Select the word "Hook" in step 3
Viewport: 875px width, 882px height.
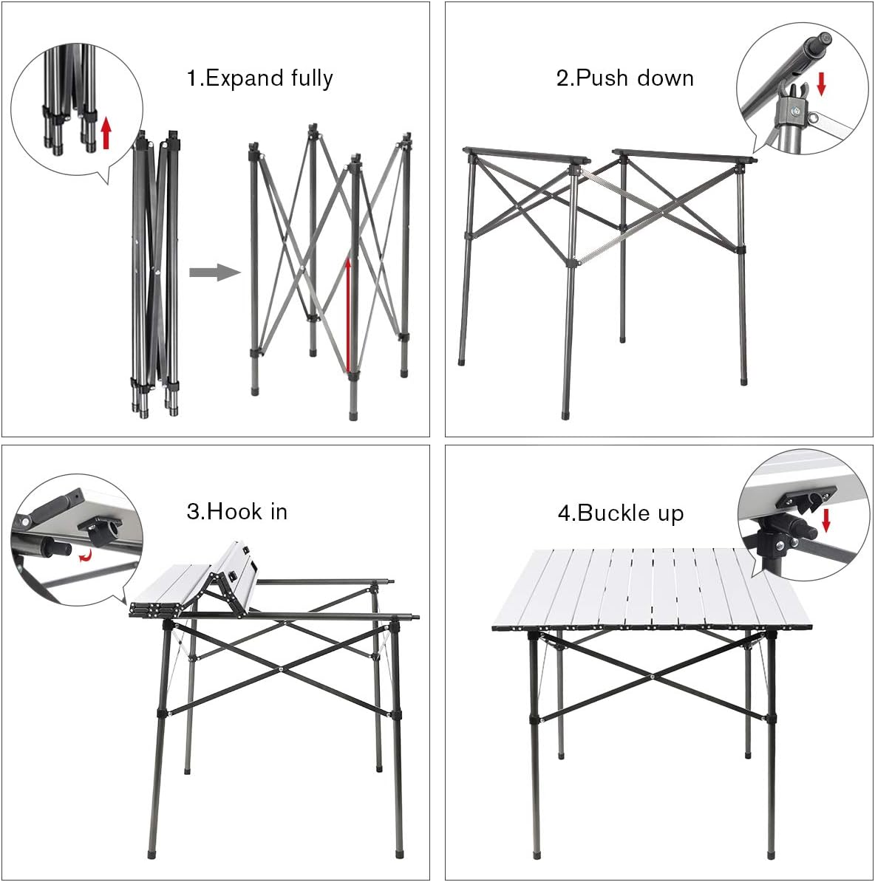tap(226, 511)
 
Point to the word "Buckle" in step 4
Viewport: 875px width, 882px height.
tap(610, 513)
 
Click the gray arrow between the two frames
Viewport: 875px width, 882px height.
tap(214, 273)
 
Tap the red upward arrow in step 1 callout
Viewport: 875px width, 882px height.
tap(106, 132)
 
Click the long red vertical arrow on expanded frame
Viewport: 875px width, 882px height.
tap(348, 314)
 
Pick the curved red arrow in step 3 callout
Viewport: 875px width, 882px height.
tap(86, 555)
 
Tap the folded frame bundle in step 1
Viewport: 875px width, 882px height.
tap(156, 273)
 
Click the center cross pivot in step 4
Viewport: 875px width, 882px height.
tap(653, 675)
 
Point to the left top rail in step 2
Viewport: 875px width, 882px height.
tap(525, 155)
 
